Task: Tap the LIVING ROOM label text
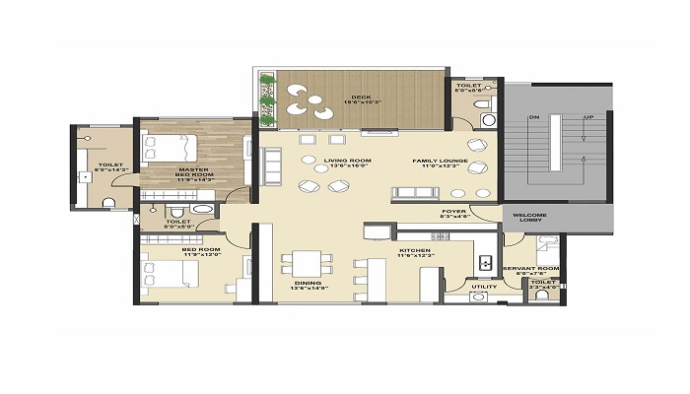350,160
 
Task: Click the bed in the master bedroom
169,150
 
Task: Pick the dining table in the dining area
308,265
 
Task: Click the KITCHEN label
413,251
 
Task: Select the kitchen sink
484,263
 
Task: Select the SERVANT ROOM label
531,268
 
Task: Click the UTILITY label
483,287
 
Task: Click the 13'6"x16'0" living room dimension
350,166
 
